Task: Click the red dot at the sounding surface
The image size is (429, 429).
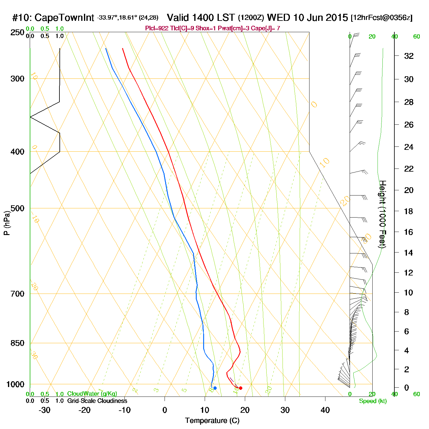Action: [241, 388]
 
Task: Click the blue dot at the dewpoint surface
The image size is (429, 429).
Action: [215, 388]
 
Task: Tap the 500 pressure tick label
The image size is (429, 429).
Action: [17, 208]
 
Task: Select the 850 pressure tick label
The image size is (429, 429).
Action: [17, 343]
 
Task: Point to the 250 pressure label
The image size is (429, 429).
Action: [17, 32]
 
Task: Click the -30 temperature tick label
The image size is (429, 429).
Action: [44, 410]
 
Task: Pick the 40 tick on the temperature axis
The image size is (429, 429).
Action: [325, 410]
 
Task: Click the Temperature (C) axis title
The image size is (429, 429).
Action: [212, 420]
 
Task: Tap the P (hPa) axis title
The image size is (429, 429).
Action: [7, 223]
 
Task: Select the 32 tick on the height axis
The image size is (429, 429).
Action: [409, 56]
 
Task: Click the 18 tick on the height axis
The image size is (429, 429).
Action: [409, 211]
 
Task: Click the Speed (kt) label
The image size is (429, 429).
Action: [373, 401]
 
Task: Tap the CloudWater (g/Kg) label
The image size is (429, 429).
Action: [92, 394]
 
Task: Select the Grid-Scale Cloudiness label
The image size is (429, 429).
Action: [97, 401]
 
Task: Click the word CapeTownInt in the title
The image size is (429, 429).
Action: [64, 18]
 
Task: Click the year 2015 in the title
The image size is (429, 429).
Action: [337, 17]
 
